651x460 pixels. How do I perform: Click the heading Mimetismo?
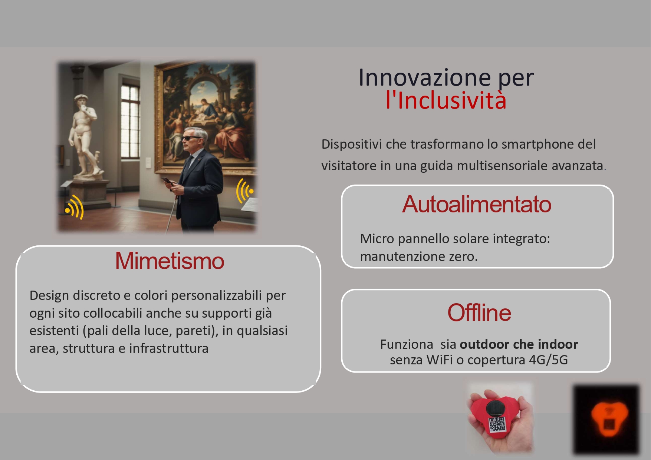point(170,261)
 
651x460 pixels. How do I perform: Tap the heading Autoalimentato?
point(477,204)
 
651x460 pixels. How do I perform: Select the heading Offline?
point(479,313)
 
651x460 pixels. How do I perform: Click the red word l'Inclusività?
point(446,100)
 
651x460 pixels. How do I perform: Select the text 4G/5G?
point(548,360)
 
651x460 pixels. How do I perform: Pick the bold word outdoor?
point(482,344)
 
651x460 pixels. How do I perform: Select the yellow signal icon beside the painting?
point(245,191)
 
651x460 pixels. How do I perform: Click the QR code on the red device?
point(497,424)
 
